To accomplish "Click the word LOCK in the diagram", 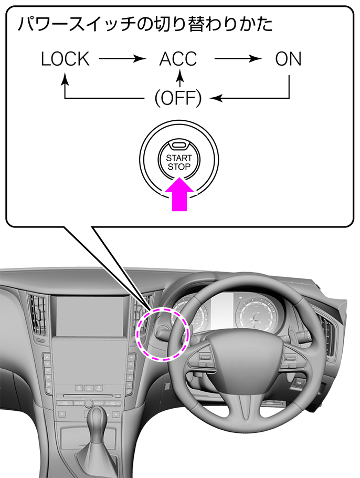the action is (x=65, y=59).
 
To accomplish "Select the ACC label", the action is (x=178, y=59).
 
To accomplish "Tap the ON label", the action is (x=288, y=59).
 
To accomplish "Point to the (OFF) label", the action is (x=178, y=98).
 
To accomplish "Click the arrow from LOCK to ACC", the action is (x=122, y=58).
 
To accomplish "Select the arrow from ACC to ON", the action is (x=238, y=58).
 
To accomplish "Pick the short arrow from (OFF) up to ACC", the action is (x=181, y=78).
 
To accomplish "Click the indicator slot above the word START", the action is (x=179, y=146).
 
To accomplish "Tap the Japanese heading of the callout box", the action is (x=145, y=24).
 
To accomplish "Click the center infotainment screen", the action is (x=90, y=316).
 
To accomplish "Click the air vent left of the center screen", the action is (x=38, y=315).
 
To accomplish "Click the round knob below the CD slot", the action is (x=89, y=403).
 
